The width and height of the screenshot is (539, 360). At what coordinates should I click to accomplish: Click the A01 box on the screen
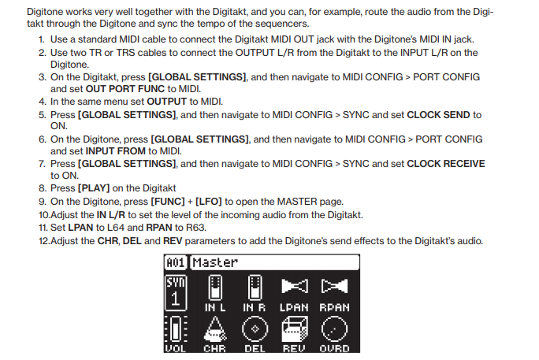(x=176, y=263)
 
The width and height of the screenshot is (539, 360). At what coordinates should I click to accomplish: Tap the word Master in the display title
(x=215, y=263)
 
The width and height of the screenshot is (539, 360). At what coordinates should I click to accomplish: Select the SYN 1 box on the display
(x=176, y=293)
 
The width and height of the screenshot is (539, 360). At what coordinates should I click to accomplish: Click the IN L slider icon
(x=215, y=288)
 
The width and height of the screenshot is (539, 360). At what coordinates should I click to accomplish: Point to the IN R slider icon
(x=255, y=288)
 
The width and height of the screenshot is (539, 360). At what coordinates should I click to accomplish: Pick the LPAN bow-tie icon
(x=295, y=286)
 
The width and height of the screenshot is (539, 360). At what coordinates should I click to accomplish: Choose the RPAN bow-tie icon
(x=334, y=286)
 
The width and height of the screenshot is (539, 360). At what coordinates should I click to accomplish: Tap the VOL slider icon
(x=176, y=329)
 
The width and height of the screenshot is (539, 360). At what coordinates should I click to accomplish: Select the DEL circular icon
(x=255, y=329)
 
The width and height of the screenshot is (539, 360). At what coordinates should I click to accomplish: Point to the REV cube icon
(x=295, y=329)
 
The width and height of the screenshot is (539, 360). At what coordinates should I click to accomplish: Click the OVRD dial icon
(x=334, y=329)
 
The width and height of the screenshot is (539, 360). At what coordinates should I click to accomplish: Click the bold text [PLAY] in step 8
(x=94, y=188)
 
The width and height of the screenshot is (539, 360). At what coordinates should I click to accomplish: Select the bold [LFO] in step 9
(x=209, y=202)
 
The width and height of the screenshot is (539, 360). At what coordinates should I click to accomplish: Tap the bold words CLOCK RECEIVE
(x=446, y=164)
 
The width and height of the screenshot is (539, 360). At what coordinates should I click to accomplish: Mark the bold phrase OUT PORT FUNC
(x=125, y=89)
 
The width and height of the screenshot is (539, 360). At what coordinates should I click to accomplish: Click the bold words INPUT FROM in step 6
(x=116, y=151)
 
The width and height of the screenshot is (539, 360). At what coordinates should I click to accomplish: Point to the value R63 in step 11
(x=195, y=228)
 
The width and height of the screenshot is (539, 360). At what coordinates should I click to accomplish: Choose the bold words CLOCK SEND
(x=438, y=115)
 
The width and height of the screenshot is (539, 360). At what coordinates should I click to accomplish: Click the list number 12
(x=44, y=241)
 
